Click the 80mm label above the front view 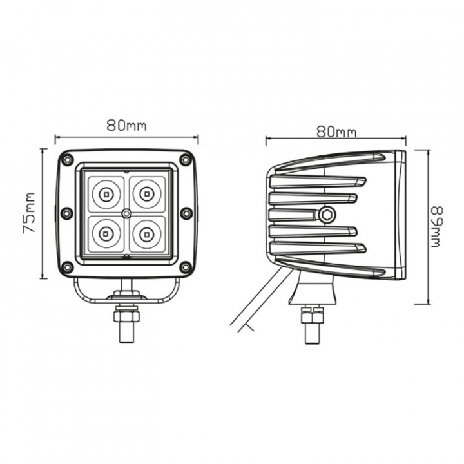[x=126, y=126]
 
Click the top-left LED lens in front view [x=104, y=192]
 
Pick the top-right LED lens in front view [x=148, y=192]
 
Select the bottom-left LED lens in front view [x=104, y=231]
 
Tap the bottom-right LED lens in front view [x=148, y=231]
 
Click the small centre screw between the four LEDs [x=126, y=212]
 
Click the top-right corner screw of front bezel [x=186, y=159]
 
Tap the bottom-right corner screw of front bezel [x=186, y=267]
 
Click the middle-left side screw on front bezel [x=66, y=213]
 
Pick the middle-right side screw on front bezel [x=187, y=213]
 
